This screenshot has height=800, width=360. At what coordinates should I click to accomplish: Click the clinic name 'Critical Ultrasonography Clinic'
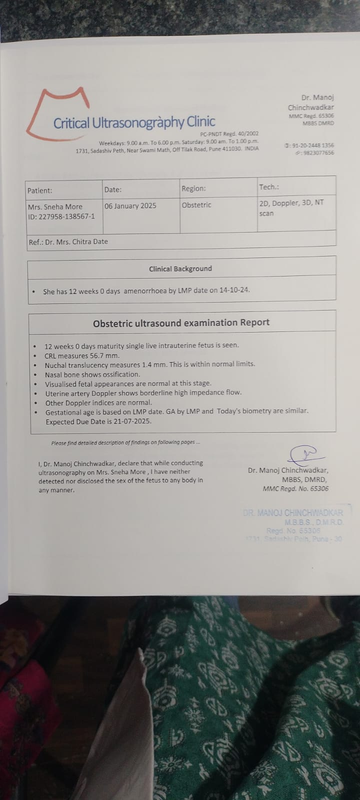point(134,122)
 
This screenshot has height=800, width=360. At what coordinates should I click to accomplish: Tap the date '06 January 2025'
point(130,205)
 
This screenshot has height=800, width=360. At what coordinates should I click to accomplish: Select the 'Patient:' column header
point(39,190)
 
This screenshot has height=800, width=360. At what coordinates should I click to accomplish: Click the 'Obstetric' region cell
point(196,205)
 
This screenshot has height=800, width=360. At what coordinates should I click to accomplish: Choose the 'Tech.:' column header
point(269,187)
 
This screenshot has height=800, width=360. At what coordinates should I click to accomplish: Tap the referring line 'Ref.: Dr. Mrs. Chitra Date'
point(68,241)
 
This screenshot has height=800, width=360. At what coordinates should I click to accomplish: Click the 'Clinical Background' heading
point(180,268)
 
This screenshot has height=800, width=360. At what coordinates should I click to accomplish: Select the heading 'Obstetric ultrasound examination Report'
point(181,322)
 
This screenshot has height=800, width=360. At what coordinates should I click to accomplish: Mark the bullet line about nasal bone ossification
point(92,374)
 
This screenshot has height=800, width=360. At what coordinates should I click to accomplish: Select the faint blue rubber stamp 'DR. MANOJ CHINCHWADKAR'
point(293,513)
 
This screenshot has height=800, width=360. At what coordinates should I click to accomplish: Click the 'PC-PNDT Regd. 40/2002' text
point(229,134)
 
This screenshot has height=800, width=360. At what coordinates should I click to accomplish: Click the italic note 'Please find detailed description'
point(125,442)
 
